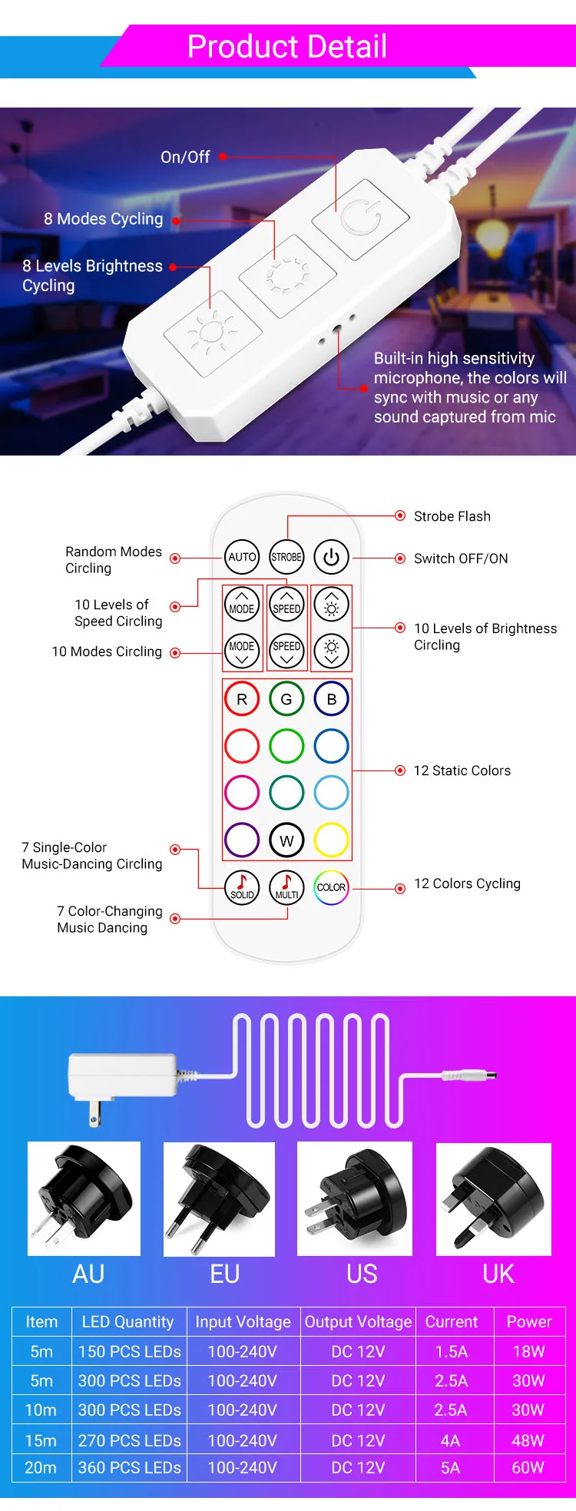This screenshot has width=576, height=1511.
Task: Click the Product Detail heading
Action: tap(287, 47)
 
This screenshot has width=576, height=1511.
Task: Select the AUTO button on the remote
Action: tap(242, 557)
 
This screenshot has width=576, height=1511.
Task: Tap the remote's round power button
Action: tap(331, 557)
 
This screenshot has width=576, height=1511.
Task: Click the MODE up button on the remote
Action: tap(242, 605)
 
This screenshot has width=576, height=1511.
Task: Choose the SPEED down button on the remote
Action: tap(286, 651)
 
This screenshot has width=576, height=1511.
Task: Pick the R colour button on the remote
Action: tap(242, 699)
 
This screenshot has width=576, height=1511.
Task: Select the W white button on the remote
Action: tap(286, 840)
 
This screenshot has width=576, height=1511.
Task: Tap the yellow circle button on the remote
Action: tap(331, 840)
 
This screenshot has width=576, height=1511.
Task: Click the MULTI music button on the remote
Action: tap(286, 888)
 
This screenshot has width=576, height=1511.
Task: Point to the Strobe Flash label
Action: tap(452, 516)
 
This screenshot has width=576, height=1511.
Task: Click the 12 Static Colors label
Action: tap(462, 770)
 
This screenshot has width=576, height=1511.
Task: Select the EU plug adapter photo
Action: tap(220, 1199)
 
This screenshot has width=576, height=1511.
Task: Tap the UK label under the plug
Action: tap(498, 1274)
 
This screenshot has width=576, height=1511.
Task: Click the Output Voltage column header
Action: tap(358, 1322)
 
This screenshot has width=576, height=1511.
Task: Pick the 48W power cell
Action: tap(528, 1440)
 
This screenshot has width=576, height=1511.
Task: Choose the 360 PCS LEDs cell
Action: tap(129, 1468)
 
